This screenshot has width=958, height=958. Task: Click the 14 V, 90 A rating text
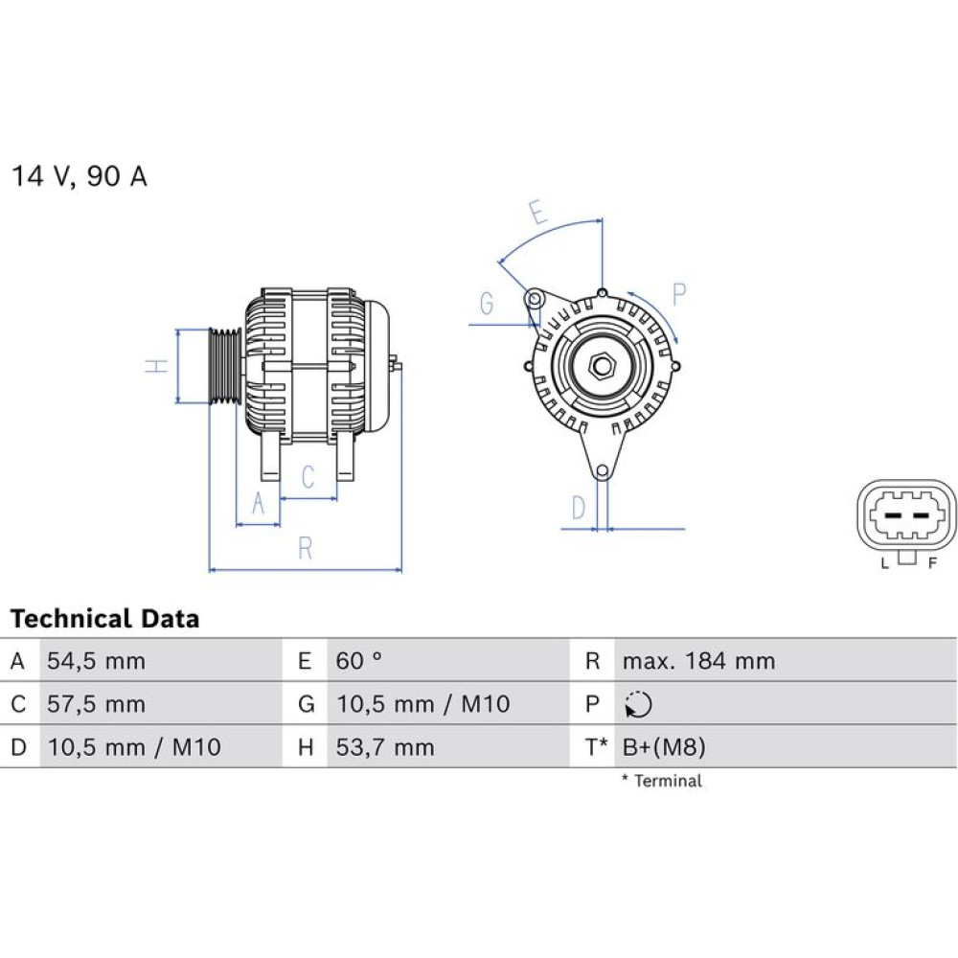coord(80,176)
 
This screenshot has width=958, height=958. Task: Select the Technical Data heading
coord(105,618)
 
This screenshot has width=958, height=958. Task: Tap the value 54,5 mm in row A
coord(96,661)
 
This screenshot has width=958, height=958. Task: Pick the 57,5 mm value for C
coord(96,704)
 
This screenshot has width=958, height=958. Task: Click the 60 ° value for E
coord(358,660)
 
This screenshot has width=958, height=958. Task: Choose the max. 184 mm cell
coord(698,661)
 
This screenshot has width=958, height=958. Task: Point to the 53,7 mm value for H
coord(385,747)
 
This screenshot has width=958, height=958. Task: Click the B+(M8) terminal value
coord(664,747)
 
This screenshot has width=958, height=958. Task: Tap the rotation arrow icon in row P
coord(638,704)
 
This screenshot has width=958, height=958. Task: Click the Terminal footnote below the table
coord(662,780)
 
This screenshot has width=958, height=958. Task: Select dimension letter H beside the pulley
coord(157,366)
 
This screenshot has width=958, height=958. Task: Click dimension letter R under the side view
coord(305,548)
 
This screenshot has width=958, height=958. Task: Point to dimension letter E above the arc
coord(537,213)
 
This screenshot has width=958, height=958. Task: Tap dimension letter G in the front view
coord(487,304)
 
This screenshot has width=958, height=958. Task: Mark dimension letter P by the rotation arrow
coord(679,294)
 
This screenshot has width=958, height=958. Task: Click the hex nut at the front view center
coord(603,366)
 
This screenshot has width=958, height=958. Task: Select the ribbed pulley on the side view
coord(225,366)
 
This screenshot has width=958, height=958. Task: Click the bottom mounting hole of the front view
coord(603,471)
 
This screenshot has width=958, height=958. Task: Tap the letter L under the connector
coord(884,563)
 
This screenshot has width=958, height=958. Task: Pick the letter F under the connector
coord(932,563)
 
